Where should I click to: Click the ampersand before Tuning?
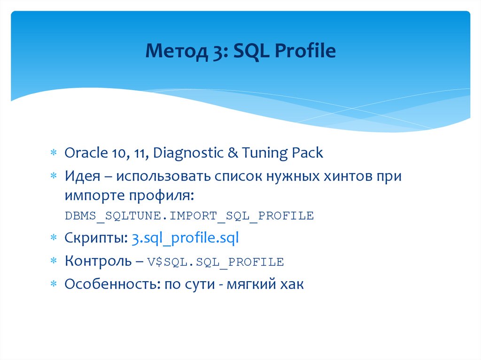[234, 153]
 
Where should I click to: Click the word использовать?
[162, 176]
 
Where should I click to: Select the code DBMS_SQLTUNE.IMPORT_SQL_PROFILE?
[189, 216]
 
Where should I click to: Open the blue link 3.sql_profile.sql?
[185, 238]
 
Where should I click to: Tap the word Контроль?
[98, 261]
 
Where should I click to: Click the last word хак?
[293, 284]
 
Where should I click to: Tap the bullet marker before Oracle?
[54, 153]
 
